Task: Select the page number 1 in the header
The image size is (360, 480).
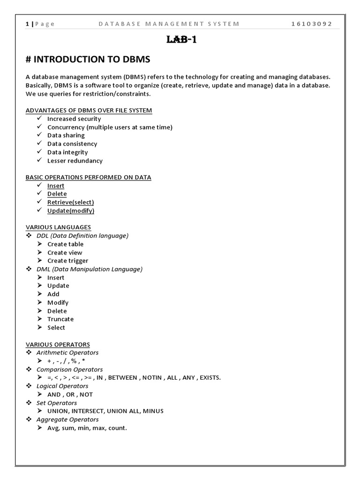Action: [x=27, y=24]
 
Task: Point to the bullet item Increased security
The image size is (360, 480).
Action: [x=74, y=119]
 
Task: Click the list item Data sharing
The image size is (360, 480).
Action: [x=66, y=135]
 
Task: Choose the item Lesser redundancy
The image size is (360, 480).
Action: [x=75, y=161]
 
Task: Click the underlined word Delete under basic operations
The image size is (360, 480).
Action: [x=57, y=194]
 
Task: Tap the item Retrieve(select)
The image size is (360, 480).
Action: [x=71, y=202]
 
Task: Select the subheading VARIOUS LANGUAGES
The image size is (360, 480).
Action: [x=58, y=227]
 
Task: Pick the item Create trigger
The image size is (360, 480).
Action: [x=68, y=261]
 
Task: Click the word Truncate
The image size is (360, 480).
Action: [x=60, y=319]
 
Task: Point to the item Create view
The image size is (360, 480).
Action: [x=65, y=253]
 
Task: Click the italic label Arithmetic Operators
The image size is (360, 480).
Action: [x=67, y=352]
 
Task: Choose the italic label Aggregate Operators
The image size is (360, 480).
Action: [x=67, y=420]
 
